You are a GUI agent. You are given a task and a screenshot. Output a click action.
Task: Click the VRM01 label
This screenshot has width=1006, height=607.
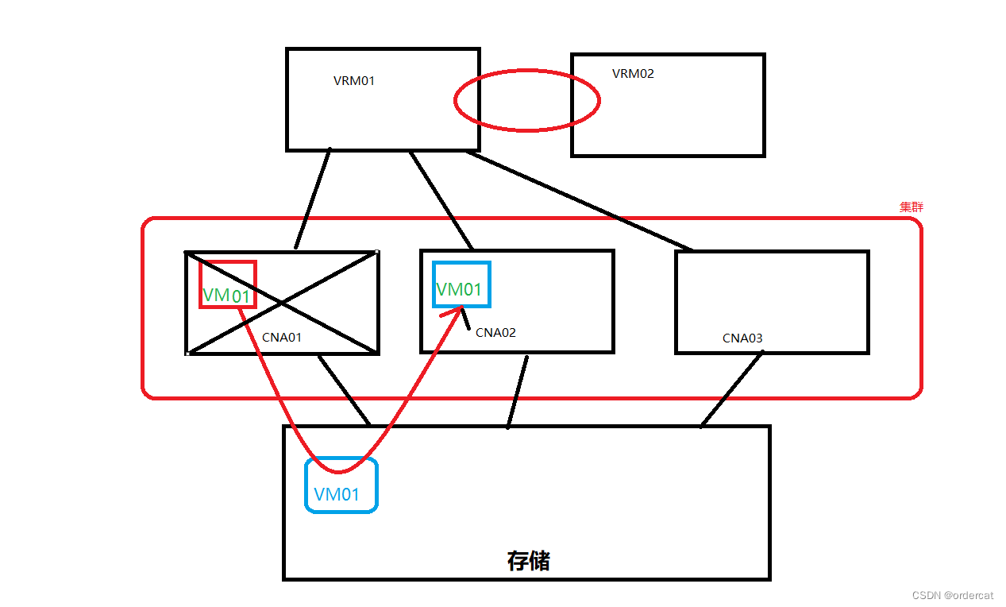(354, 80)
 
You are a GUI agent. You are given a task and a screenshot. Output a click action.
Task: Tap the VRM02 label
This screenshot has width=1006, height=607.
(633, 74)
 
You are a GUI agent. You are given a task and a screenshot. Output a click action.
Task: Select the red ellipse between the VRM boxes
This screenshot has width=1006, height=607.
(526, 100)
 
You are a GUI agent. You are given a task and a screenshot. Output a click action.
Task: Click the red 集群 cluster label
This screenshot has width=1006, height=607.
(911, 207)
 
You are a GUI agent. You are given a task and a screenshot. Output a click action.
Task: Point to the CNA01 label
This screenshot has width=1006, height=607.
(282, 337)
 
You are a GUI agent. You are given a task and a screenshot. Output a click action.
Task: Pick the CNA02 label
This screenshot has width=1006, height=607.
(495, 332)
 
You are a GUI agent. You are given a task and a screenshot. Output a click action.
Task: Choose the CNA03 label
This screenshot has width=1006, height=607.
(742, 338)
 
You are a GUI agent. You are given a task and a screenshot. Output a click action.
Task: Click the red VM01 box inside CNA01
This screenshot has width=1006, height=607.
(228, 284)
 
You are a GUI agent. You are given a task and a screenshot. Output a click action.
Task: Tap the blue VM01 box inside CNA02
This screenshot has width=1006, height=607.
(461, 284)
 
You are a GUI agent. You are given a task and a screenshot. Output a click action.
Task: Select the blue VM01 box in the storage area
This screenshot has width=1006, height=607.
(341, 485)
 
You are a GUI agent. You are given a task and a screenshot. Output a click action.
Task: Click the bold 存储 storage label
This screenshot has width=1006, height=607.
(528, 561)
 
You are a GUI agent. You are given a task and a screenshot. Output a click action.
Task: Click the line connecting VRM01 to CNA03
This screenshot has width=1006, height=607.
(580, 200)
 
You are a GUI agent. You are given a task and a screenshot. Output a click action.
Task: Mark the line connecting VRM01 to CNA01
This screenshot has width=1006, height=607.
(312, 199)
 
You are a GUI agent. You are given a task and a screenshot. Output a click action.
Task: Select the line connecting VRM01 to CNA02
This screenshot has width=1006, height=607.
(441, 200)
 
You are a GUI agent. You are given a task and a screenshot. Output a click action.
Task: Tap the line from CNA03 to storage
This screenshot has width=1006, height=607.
(730, 389)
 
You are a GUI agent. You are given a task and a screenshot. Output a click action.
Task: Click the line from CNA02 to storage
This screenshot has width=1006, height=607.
(517, 391)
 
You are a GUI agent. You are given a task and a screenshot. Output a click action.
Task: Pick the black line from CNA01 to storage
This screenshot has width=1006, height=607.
(344, 389)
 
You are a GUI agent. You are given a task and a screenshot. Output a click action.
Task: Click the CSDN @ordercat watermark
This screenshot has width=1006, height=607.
(953, 595)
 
